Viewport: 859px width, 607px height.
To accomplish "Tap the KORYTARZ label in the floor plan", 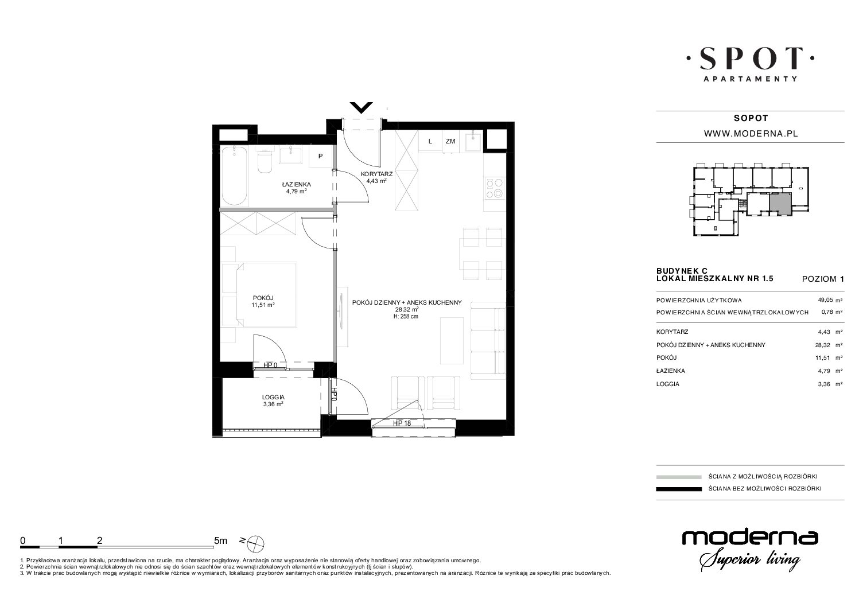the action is (x=376, y=174).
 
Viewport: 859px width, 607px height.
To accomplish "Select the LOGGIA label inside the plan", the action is (x=273, y=397).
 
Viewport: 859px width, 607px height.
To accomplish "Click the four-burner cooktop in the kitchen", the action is (x=494, y=188).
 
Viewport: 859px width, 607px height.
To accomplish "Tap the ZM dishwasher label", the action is (x=450, y=141).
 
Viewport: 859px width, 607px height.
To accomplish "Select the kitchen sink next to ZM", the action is (x=473, y=141).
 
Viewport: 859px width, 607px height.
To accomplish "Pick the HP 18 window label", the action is (x=402, y=423).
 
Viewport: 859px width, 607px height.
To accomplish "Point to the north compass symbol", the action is (x=255, y=543).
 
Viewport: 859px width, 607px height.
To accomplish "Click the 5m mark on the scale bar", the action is (x=220, y=541).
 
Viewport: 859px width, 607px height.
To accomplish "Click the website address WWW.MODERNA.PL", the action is (x=751, y=134).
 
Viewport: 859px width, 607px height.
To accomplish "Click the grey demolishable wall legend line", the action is (x=679, y=477).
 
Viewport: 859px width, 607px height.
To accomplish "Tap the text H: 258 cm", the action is (x=406, y=316).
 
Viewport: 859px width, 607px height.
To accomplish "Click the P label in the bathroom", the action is (x=320, y=156).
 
